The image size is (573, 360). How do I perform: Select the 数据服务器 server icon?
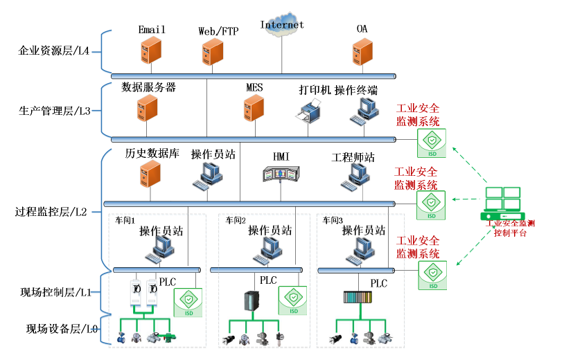click(148, 109)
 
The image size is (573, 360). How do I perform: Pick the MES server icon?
click(254, 109)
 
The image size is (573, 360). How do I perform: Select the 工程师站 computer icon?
click(353, 177)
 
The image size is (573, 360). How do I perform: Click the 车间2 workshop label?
click(236, 221)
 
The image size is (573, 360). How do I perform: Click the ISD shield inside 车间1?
click(187, 303)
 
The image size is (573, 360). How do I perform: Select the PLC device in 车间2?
click(251, 302)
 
